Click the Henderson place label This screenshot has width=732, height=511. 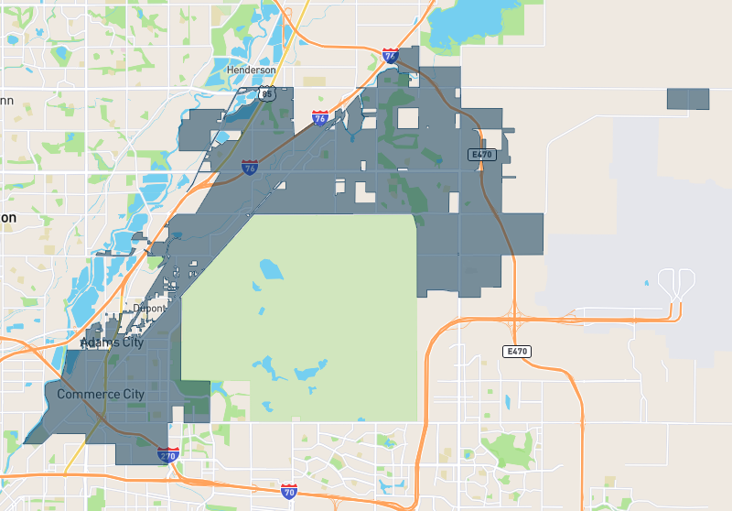tap(251, 71)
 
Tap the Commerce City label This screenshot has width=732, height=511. tap(101, 395)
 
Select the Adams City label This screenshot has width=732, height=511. tap(113, 342)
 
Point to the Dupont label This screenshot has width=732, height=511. tap(148, 309)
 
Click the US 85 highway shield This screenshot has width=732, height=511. tap(266, 92)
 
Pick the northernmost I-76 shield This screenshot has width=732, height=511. tap(391, 56)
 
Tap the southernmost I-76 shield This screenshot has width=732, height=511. tap(250, 168)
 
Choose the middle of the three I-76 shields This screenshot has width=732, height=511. tap(320, 118)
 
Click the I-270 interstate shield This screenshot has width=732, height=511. tap(168, 454)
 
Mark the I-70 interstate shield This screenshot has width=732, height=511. tap(289, 491)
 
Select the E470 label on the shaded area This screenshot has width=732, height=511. tap(482, 155)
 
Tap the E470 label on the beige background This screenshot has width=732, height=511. tap(517, 352)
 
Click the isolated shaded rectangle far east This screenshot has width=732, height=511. tap(688, 99)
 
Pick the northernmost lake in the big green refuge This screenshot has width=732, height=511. tap(272, 269)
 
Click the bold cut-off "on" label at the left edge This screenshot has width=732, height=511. tap(8, 218)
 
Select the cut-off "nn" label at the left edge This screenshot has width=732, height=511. tap(6, 100)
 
